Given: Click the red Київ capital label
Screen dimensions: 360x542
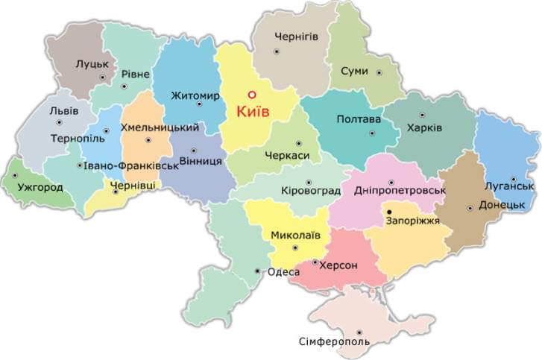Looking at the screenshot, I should click(x=251, y=113).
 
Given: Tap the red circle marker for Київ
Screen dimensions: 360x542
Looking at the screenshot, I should click(x=251, y=95).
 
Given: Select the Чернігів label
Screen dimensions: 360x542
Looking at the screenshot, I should click(x=296, y=36).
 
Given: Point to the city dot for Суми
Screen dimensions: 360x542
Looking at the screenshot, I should click(x=379, y=73).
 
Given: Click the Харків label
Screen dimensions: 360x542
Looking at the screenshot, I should click(x=423, y=128).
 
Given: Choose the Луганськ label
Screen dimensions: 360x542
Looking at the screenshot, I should click(x=511, y=186).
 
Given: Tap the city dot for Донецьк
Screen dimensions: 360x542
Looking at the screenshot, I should click(x=469, y=208).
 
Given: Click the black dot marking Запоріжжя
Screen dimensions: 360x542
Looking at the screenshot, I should click(x=389, y=212).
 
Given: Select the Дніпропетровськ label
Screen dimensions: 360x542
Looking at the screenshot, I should click(x=400, y=191).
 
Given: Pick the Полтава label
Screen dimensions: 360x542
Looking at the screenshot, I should click(x=359, y=119).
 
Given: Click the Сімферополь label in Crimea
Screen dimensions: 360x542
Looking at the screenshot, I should click(x=333, y=341).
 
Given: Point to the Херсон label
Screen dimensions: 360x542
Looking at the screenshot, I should click(x=339, y=265).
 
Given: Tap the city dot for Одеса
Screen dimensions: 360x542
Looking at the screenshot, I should click(x=258, y=271).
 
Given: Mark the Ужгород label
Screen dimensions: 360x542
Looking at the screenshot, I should click(x=40, y=187).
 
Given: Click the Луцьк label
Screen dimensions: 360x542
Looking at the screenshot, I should click(x=92, y=65).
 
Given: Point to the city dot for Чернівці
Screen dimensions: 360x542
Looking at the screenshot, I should click(x=115, y=192).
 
